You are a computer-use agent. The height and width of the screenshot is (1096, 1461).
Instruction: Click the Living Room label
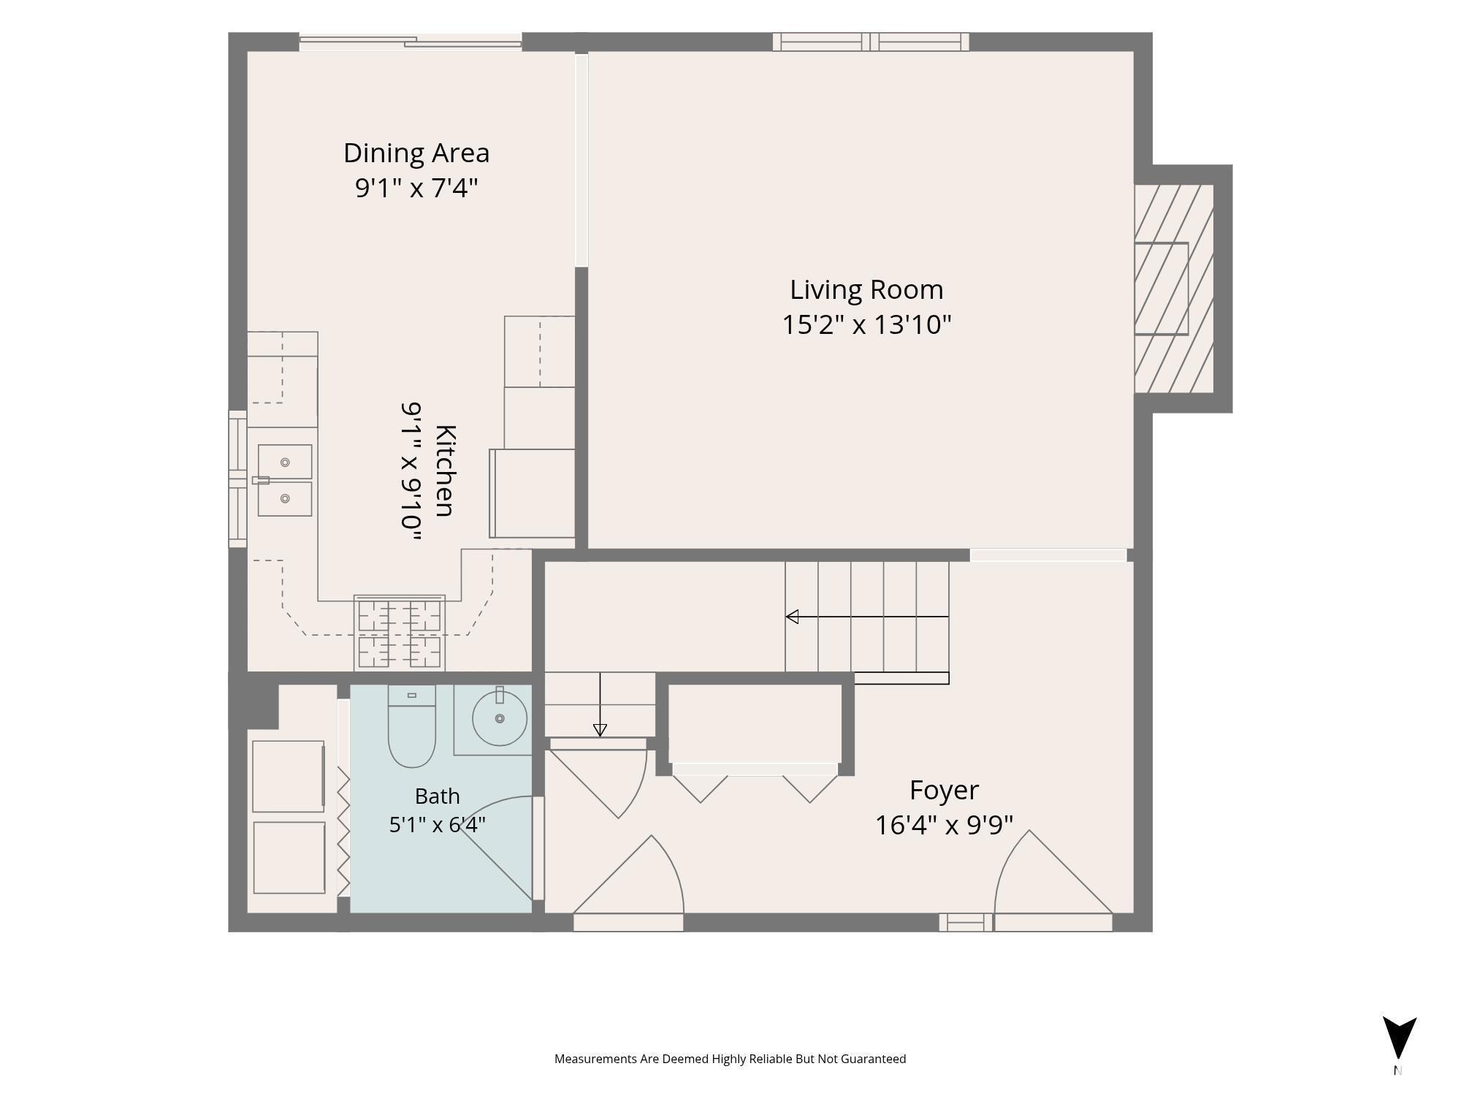point(866,290)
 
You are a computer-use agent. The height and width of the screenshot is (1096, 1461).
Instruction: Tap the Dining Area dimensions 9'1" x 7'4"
point(416,188)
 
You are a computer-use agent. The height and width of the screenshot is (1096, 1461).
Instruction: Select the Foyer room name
point(944,790)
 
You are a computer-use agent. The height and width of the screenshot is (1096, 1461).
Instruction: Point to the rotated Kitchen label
point(445,471)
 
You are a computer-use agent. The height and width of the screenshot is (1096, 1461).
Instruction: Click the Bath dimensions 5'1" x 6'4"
point(437,825)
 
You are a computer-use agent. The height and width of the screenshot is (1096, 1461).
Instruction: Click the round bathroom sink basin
point(500,718)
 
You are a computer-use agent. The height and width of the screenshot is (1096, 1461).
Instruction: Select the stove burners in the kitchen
point(400,632)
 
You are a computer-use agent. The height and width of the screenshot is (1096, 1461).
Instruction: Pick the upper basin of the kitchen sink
point(285,462)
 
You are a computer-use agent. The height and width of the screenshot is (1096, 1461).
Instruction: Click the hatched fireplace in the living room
point(1174,289)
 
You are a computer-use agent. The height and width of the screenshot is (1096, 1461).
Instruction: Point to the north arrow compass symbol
point(1399,1038)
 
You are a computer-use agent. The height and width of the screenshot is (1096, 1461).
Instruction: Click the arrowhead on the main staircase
point(792,617)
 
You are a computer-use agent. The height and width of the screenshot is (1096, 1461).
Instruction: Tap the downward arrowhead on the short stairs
point(600,730)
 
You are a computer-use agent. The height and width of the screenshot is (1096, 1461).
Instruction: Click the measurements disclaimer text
point(730,1059)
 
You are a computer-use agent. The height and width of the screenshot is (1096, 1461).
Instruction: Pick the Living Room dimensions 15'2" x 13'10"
point(866,324)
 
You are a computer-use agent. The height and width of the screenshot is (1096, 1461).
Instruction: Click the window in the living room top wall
point(871,42)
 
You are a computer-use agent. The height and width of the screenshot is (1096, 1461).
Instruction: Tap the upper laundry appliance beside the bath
point(289,776)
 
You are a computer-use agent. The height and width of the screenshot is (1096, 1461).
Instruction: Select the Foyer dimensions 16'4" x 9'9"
point(944,825)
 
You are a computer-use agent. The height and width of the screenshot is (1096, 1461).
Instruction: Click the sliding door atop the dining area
point(411,42)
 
